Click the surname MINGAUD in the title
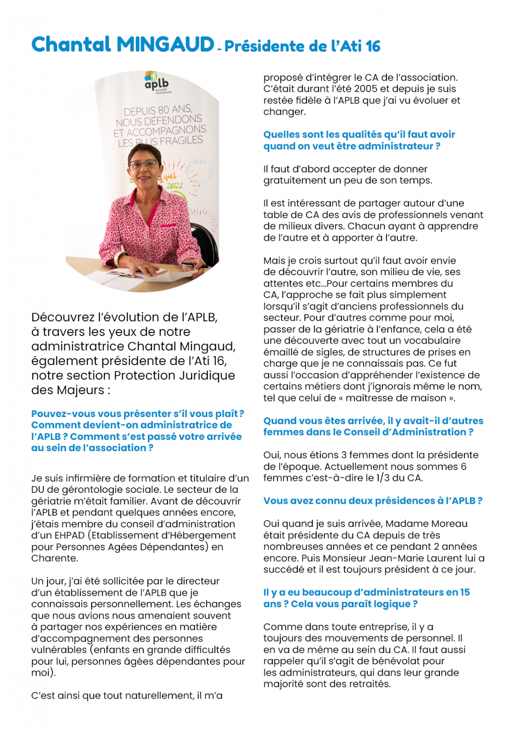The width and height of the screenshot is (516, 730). point(165,45)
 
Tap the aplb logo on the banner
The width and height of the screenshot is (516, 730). point(156,82)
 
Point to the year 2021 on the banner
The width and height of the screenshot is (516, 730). point(174,185)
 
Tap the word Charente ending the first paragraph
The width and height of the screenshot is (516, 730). point(48,558)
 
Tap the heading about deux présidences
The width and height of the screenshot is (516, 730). point(372,501)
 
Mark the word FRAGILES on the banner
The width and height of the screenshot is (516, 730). point(181,141)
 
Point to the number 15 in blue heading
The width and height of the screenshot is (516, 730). point(464,592)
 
